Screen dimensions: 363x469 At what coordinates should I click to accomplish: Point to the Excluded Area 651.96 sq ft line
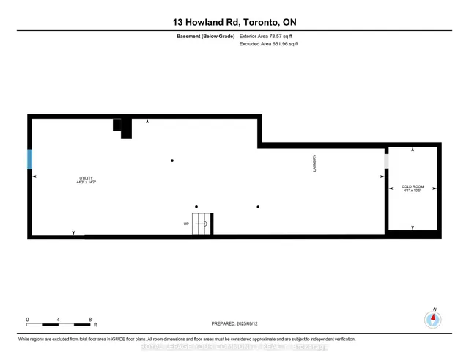tap(269, 44)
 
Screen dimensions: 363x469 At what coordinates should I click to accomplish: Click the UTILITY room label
tap(86, 178)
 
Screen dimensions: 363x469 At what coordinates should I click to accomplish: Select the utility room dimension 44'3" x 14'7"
tap(86, 183)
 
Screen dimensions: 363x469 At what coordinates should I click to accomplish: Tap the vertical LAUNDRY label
tap(314, 162)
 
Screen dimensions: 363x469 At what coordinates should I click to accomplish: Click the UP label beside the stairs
tap(186, 224)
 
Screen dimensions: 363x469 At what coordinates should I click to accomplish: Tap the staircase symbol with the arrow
tap(202, 224)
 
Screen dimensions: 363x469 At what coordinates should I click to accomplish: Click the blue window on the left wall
tap(30, 159)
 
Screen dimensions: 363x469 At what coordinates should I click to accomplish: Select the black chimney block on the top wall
tap(122, 126)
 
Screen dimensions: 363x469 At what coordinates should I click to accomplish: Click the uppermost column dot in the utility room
tap(172, 161)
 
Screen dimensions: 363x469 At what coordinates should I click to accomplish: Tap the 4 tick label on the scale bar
tap(59, 320)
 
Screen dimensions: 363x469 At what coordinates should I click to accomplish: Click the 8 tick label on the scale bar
tap(89, 320)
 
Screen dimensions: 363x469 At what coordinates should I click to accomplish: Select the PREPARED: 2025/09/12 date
tap(234, 323)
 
